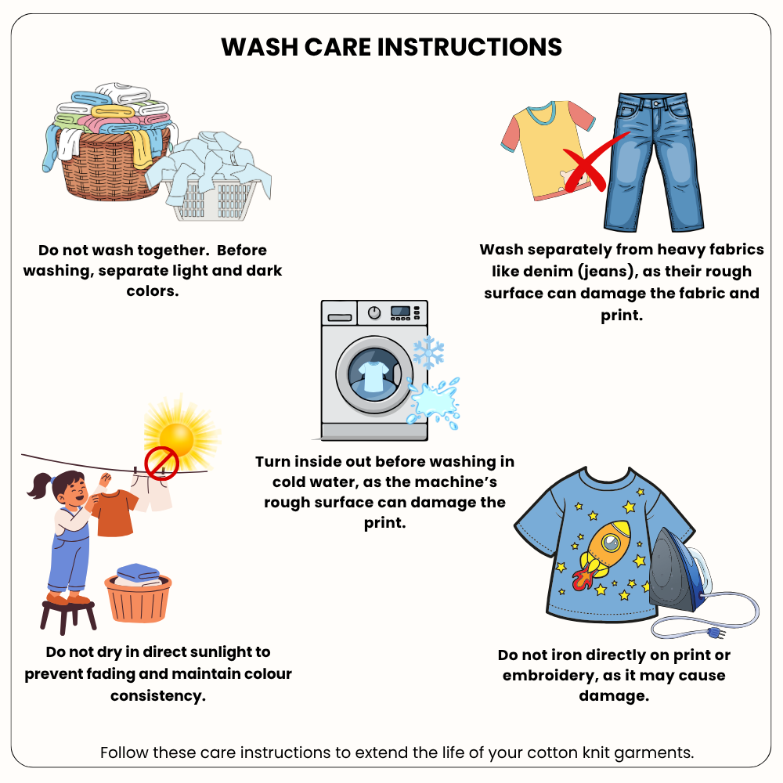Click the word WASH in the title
pos(259,47)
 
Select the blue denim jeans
pos(653,162)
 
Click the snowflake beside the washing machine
pos(428,352)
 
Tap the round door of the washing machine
pos(373,375)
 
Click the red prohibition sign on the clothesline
pos(162,464)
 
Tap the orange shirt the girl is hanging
pos(114,512)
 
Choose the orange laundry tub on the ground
pos(138,598)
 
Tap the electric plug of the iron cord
pos(716,634)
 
